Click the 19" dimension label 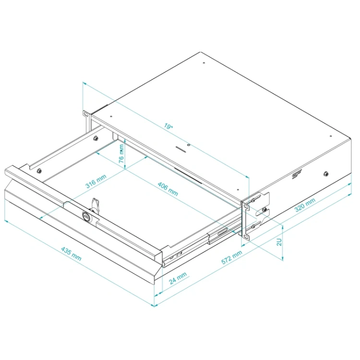(168, 126)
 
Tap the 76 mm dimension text (122, 154)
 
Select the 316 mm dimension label (96, 181)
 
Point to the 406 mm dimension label (168, 189)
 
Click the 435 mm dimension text (71, 254)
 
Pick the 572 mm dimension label (232, 257)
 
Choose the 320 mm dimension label (305, 204)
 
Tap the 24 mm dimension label (178, 278)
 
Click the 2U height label (279, 242)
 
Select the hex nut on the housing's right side (325, 174)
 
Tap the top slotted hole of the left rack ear (85, 114)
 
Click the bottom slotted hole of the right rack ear (246, 237)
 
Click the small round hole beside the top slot (189, 145)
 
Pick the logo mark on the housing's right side (297, 176)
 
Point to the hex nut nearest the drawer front (39, 170)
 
